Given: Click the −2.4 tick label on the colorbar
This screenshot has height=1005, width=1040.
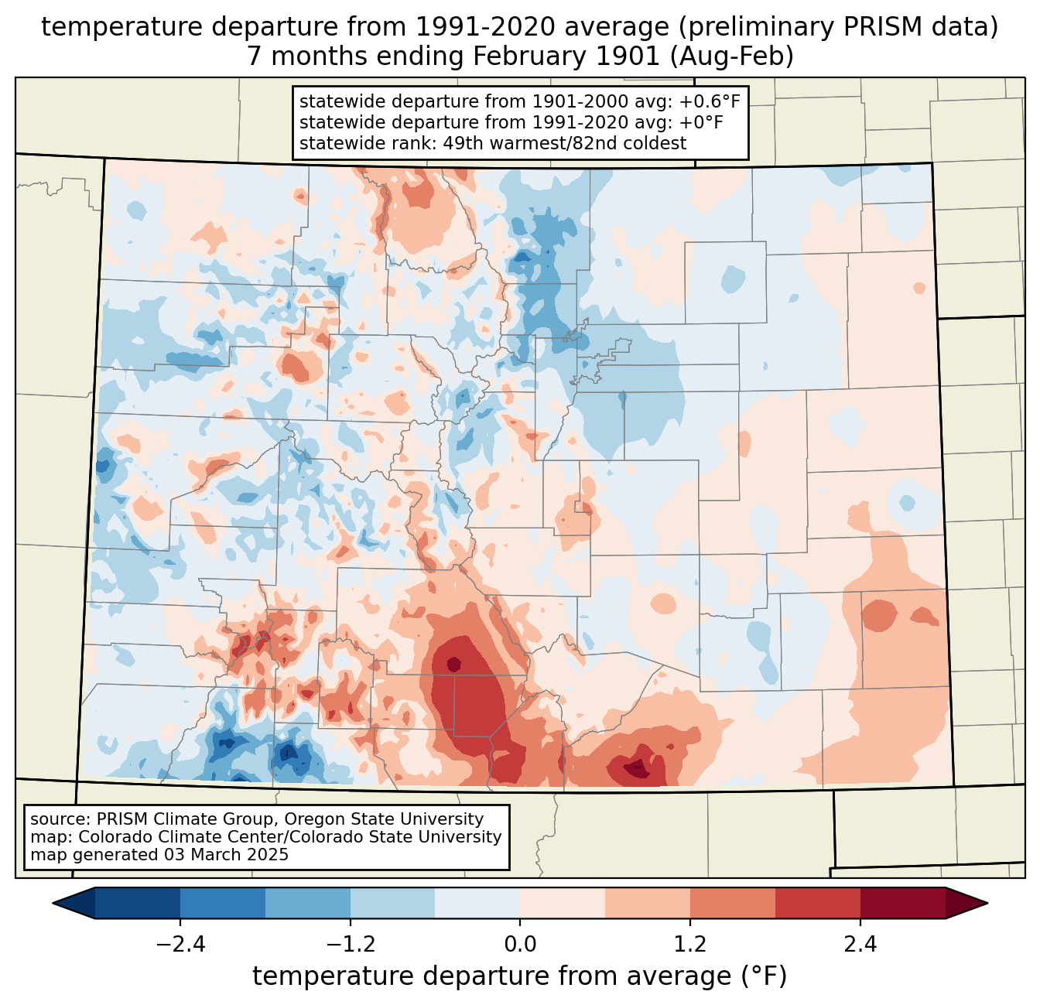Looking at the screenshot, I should click(x=180, y=945).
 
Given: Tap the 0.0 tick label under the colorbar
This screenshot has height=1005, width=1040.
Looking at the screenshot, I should click(x=520, y=945).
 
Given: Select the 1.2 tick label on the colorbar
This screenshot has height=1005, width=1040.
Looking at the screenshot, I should click(x=689, y=945).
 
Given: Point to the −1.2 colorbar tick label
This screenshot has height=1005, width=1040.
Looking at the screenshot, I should click(x=350, y=945).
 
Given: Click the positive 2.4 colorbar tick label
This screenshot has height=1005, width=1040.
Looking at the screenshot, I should click(x=860, y=945).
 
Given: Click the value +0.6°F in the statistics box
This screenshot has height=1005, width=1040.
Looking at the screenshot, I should click(x=713, y=102).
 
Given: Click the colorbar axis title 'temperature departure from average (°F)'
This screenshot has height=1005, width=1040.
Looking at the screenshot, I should click(x=519, y=976).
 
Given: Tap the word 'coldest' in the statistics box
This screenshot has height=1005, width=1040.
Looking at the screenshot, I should click(x=657, y=143).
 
